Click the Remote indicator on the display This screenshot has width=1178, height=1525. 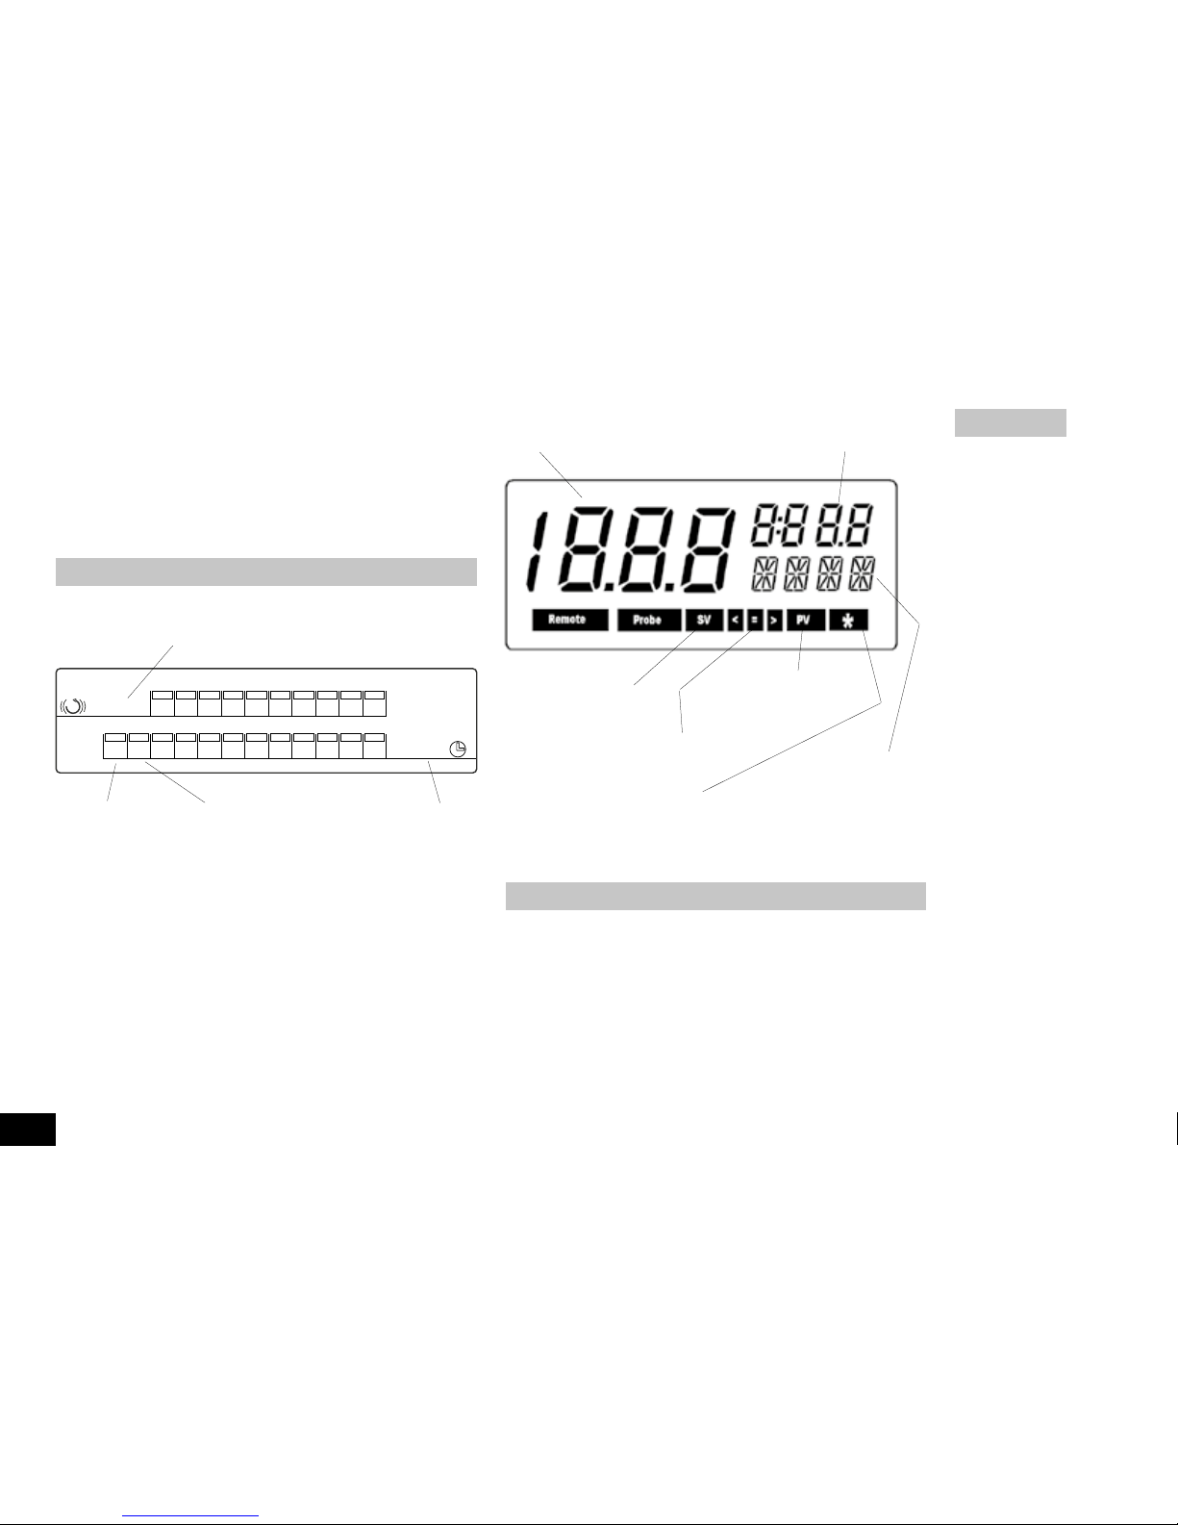pos(569,621)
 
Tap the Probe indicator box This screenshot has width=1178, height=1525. pos(648,621)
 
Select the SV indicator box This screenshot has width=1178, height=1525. pos(704,621)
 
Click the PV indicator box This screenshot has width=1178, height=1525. pos(804,621)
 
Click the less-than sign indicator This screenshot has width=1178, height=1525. pos(735,621)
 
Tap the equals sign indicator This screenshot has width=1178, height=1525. pos(755,621)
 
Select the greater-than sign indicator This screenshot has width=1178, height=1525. pos(774,621)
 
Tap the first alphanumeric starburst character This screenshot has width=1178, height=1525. pos(764,574)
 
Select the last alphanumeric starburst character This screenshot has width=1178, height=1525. pos(863,574)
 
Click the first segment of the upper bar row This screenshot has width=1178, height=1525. pos(163,702)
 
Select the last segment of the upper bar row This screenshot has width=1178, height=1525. pos(375,702)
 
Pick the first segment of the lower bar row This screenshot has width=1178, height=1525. pos(115,746)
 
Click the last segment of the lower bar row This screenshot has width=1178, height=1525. pos(375,746)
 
